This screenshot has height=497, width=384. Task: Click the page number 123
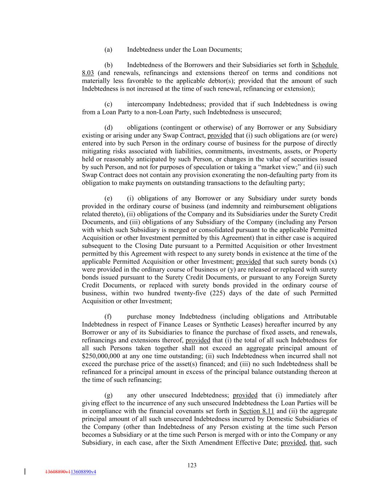(x=192, y=465)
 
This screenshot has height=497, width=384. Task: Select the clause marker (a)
(x=108, y=49)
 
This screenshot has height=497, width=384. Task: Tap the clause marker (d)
(x=108, y=127)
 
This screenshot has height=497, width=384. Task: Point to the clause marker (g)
(x=108, y=395)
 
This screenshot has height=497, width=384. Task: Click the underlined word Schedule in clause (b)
(x=325, y=65)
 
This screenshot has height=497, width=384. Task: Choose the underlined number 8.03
(x=88, y=73)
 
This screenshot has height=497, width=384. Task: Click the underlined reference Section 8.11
(x=256, y=411)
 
